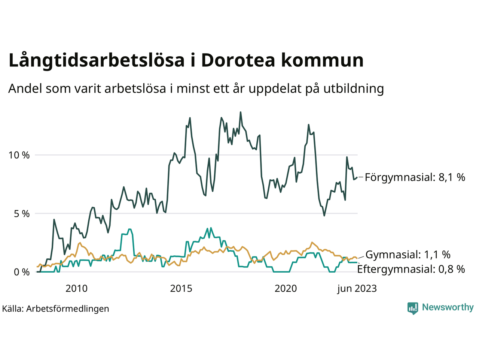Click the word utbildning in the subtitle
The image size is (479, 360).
[x=354, y=89]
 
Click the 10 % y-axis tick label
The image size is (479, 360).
[x=19, y=155]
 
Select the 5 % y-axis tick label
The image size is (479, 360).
[x=22, y=214]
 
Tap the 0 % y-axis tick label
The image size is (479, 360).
[x=22, y=272]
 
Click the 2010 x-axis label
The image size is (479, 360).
[x=76, y=289]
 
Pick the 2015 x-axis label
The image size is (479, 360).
[x=181, y=289]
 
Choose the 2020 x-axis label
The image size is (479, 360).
[x=286, y=289]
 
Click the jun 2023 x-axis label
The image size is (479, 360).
[x=357, y=289]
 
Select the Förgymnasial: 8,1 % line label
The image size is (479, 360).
[x=415, y=177]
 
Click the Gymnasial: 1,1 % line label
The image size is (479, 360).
[x=408, y=255]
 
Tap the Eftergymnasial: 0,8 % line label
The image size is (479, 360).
[x=411, y=269]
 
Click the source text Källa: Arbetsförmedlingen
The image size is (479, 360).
[x=56, y=309]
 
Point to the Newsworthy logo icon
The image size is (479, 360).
[x=413, y=308]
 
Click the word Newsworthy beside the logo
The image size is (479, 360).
[x=448, y=307]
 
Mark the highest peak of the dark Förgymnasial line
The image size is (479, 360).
[x=240, y=112]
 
